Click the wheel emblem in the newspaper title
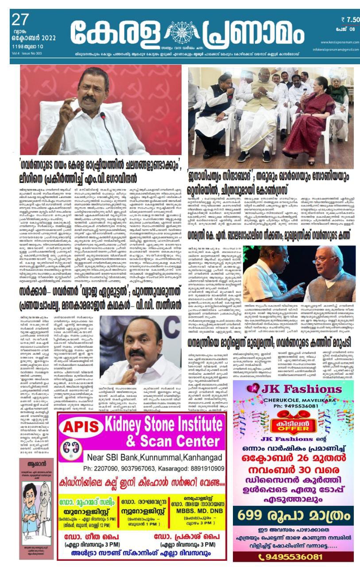[x=180, y=32]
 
